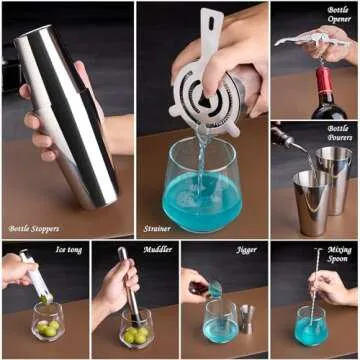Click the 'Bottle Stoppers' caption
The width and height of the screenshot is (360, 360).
(32, 228)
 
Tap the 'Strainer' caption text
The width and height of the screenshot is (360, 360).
(157, 228)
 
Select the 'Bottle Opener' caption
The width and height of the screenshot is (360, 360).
(338, 15)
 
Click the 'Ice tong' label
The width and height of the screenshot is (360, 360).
(69, 248)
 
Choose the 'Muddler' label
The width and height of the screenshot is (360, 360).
(158, 248)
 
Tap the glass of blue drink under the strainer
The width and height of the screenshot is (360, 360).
(202, 190)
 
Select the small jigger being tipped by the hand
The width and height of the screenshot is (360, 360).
(214, 290)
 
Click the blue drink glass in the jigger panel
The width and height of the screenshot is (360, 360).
(219, 325)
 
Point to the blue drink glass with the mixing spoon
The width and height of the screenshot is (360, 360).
(313, 325)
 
